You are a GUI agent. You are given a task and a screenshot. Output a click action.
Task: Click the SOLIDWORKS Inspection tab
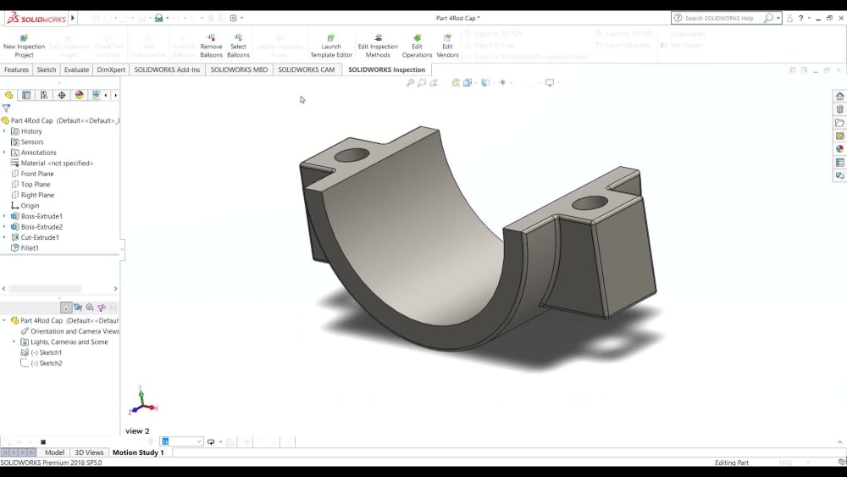click(386, 69)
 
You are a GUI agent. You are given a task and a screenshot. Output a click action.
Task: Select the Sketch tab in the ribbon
click(47, 69)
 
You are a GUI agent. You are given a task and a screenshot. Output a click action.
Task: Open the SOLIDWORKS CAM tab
click(306, 69)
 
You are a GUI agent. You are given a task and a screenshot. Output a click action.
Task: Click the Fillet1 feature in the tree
click(30, 248)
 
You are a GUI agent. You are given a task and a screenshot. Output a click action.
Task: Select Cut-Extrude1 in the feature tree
click(40, 237)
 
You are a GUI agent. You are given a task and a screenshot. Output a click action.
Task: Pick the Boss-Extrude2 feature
click(42, 227)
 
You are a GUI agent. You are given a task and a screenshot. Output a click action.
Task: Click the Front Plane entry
click(36, 174)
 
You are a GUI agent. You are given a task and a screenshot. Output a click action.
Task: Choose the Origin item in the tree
click(30, 206)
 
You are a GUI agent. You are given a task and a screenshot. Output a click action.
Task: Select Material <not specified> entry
click(57, 163)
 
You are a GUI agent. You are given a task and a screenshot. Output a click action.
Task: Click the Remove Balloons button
click(211, 46)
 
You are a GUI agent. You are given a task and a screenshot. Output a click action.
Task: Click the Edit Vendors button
click(447, 46)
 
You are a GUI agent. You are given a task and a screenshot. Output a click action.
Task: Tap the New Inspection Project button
click(24, 46)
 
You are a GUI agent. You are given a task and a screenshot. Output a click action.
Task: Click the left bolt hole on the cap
click(352, 156)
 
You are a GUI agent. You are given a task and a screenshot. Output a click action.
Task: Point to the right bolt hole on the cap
click(590, 203)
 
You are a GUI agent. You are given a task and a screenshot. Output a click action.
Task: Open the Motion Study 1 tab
click(138, 452)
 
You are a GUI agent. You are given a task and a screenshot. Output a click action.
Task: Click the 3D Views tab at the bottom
click(89, 452)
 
